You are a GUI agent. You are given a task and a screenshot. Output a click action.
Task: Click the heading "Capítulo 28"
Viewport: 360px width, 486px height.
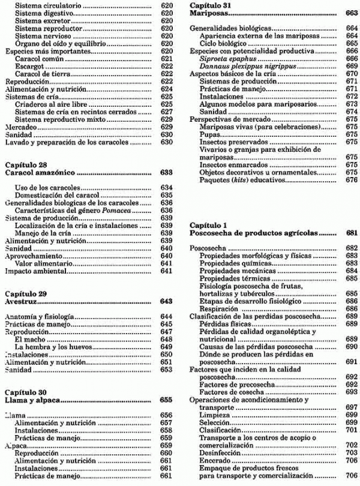pyautogui.click(x=25, y=163)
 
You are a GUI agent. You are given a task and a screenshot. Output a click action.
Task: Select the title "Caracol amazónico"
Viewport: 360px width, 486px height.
pyautogui.click(x=40, y=172)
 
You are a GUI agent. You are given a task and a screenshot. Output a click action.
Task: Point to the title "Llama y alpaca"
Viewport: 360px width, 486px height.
pyautogui.click(x=32, y=399)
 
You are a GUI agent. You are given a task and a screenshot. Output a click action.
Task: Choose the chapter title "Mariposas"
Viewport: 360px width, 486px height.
pyautogui.click(x=209, y=13)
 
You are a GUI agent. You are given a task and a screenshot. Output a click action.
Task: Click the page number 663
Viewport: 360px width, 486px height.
pyautogui.click(x=351, y=13)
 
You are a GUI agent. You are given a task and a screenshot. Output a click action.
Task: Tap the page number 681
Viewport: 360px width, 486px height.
pyautogui.click(x=351, y=232)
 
